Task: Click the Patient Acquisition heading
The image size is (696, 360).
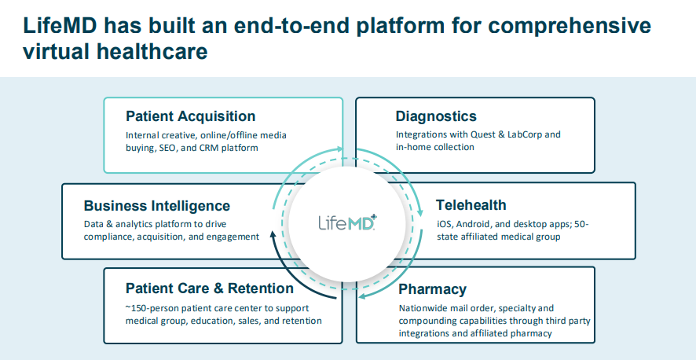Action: coord(190,117)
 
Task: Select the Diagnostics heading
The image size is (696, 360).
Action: coord(436,117)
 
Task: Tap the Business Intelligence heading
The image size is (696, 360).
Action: coord(157,206)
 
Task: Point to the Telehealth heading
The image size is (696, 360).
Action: coord(471,206)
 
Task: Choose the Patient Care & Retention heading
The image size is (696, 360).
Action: coord(210,288)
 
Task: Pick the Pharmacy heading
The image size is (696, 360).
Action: coord(432,289)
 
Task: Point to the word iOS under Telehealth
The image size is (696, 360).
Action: coord(445,224)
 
